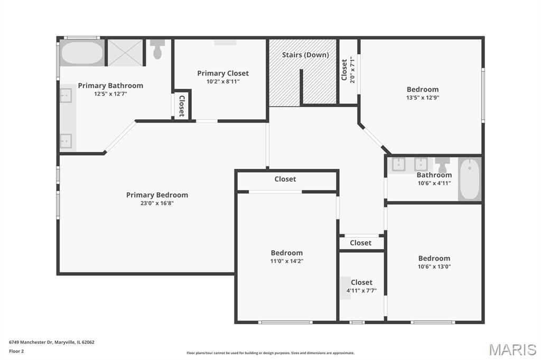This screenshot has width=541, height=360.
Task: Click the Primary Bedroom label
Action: tap(157, 195)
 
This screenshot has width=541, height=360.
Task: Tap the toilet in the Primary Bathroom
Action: tap(157, 49)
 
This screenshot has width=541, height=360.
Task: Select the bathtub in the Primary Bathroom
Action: tap(82, 53)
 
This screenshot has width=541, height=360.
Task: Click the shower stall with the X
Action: tap(125, 53)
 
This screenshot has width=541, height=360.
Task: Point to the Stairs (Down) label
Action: tap(305, 55)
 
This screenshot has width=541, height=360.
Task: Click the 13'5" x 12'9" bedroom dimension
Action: tap(423, 98)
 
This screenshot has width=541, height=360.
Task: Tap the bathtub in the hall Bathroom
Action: tap(470, 178)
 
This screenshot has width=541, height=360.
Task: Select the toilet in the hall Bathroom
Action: tap(442, 165)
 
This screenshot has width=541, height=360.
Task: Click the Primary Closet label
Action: tap(223, 73)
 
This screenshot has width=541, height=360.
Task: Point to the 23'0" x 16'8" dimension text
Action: tap(157, 203)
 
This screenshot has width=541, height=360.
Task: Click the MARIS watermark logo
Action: tap(512, 349)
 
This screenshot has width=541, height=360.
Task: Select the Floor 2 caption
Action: tap(16, 352)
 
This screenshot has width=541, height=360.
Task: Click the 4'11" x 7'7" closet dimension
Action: tap(361, 291)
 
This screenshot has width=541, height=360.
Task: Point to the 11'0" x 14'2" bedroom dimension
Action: tap(287, 261)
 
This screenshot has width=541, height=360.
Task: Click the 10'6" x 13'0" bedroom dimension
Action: tap(434, 267)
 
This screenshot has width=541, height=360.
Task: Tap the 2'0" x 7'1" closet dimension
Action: tap(352, 70)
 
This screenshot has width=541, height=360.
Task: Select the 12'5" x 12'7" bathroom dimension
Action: tap(111, 94)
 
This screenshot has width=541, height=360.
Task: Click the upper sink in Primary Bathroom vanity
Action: tap(66, 96)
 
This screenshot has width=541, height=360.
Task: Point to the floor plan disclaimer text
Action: tap(270, 353)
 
